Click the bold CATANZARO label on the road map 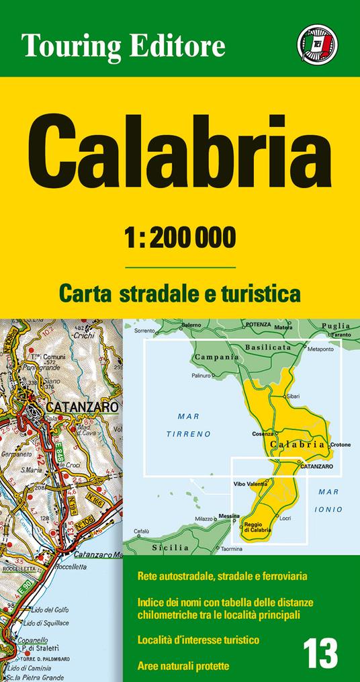click(82, 408)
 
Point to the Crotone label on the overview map click(341, 445)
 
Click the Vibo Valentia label click(252, 484)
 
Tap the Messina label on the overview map click(228, 515)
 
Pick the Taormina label click(231, 549)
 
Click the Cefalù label click(140, 531)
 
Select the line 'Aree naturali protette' click(183, 667)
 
